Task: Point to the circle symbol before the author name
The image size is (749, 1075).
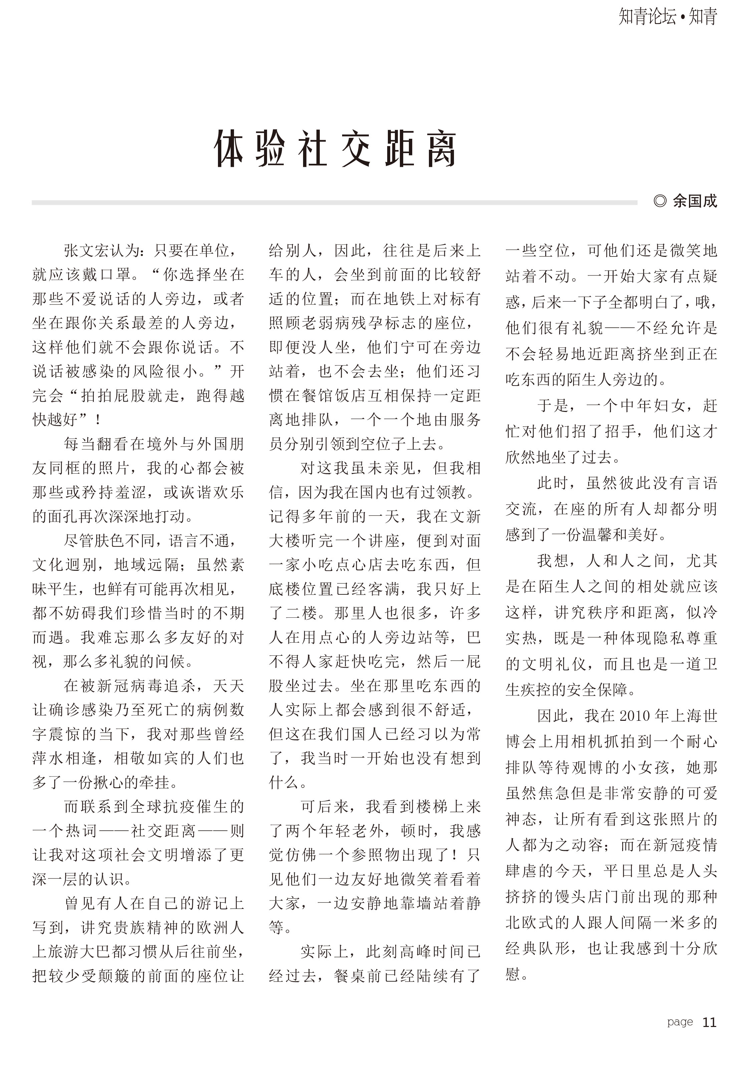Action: click(660, 201)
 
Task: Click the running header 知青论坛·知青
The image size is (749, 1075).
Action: click(668, 17)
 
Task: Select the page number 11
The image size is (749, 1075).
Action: click(709, 1022)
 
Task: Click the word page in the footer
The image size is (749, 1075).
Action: click(680, 1022)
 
